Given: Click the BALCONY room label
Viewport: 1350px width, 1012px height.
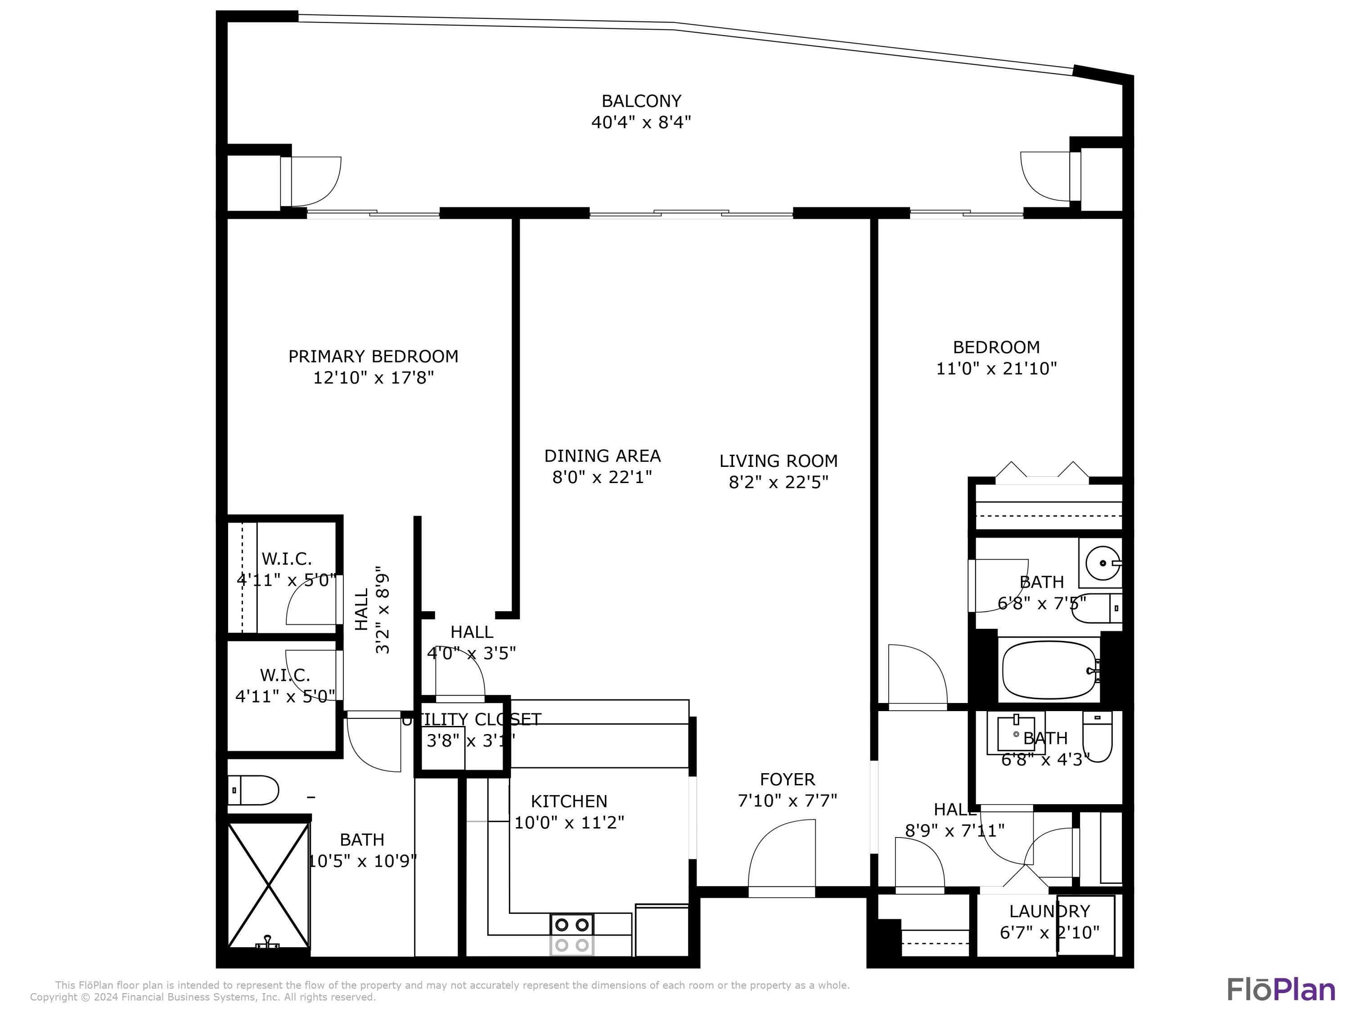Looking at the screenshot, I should (641, 101).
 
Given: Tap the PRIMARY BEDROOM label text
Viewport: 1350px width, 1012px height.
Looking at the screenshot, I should (373, 356).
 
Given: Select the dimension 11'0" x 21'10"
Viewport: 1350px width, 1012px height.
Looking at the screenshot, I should (996, 368).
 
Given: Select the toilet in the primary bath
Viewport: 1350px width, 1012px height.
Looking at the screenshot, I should (253, 791).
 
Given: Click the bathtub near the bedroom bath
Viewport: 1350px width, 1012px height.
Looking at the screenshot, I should (1049, 670).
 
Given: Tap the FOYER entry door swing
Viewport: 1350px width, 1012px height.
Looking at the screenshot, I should (782, 858).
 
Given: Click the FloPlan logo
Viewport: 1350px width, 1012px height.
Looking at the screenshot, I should (1280, 990).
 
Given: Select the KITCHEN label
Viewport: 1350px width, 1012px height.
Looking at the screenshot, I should (569, 801).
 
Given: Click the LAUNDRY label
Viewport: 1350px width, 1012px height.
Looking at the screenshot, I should (1049, 911).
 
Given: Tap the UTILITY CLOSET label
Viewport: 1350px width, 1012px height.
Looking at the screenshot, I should (471, 720).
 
